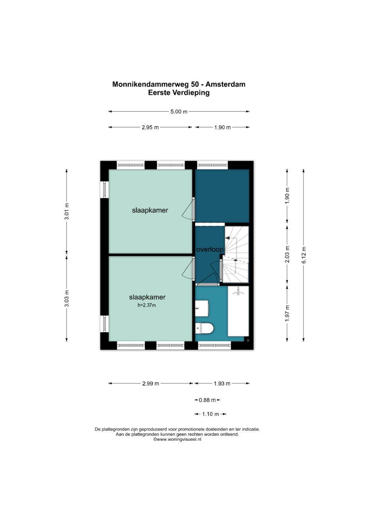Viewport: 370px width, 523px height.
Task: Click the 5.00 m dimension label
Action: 179,112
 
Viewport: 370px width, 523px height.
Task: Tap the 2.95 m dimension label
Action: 150,127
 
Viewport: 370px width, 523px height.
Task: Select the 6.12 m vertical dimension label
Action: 304,255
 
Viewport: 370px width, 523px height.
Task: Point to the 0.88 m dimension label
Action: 207,400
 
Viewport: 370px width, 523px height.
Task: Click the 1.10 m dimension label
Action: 210,414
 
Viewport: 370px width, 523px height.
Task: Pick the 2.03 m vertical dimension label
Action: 287,254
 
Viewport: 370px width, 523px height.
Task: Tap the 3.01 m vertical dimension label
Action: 67,211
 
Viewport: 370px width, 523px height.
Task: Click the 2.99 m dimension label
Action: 151,383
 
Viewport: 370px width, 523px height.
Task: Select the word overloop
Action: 210,249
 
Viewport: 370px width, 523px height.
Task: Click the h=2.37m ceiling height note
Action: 147,305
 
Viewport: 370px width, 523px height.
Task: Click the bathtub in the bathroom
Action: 238,311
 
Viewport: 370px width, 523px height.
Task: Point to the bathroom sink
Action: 202,308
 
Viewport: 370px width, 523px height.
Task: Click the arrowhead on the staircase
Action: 227,238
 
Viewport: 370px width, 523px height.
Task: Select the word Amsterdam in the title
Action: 225,84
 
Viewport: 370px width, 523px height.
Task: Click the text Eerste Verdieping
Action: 179,93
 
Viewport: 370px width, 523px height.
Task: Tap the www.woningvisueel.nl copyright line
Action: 177,439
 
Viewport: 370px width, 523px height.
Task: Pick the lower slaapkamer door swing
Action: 188,268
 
